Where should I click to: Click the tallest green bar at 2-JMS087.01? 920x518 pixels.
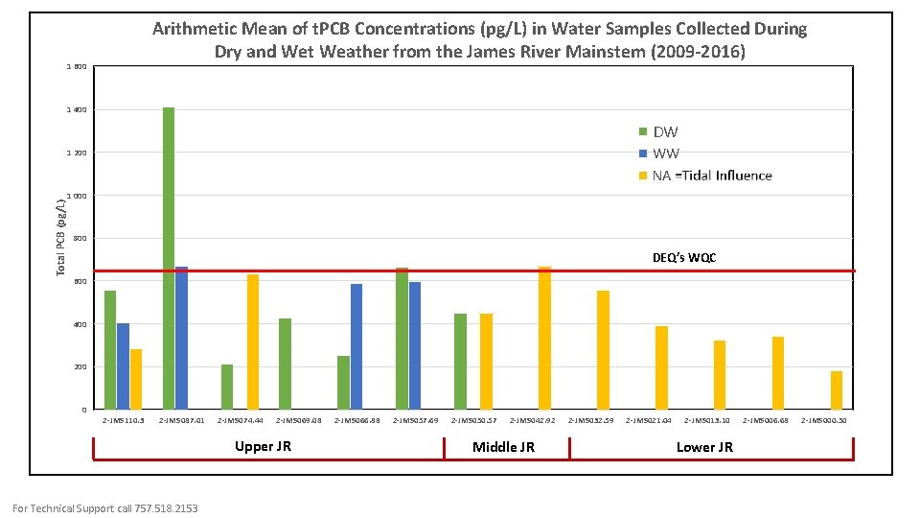(169, 259)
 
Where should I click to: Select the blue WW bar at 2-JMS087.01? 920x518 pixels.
(181, 339)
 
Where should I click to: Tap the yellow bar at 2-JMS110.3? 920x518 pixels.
(136, 380)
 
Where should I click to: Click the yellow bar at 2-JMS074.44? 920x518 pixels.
(253, 342)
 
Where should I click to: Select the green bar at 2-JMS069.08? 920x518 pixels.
(285, 365)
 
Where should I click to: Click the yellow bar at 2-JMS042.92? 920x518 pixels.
(544, 339)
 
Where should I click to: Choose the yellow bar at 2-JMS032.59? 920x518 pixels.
(603, 350)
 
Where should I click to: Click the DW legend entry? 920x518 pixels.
(665, 131)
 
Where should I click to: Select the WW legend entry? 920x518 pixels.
(665, 153)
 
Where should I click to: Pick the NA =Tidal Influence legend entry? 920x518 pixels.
(711, 176)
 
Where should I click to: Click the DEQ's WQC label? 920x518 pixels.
(684, 258)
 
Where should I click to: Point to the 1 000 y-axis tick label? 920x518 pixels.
(76, 196)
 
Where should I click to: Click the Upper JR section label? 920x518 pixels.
(263, 446)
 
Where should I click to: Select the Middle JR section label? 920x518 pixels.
(504, 447)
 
